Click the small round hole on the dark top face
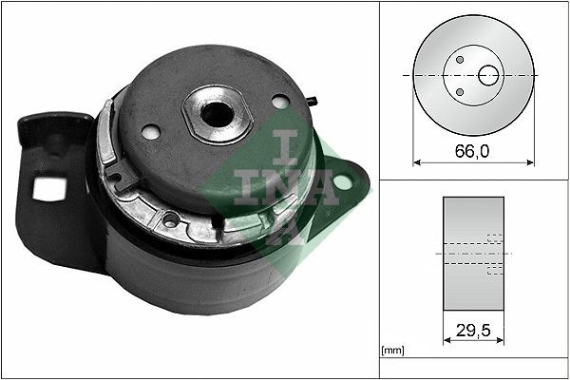click(x=279, y=101)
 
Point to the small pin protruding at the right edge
click(x=313, y=98)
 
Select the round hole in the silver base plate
click(x=170, y=220)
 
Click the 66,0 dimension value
click(x=473, y=150)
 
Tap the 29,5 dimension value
click(x=474, y=332)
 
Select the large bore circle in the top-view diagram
click(x=489, y=74)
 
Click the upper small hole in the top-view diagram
click(x=460, y=59)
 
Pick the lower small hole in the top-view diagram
click(x=460, y=91)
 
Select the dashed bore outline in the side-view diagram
click(x=494, y=254)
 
